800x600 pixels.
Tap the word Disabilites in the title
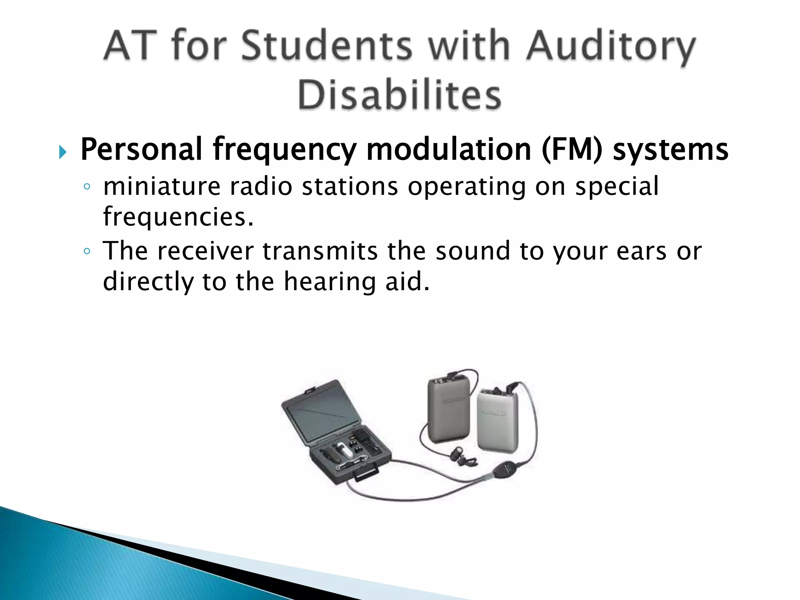point(399,95)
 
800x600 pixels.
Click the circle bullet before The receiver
point(87,251)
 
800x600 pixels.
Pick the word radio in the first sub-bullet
point(261,186)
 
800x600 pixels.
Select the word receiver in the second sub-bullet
point(205,251)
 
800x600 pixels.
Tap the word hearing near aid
point(329,282)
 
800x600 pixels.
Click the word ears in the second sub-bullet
point(641,251)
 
